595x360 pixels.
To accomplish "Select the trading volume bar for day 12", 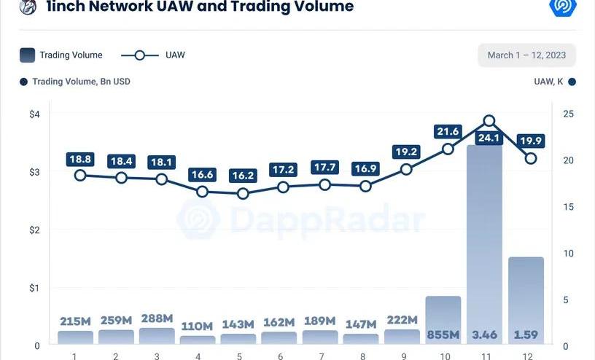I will coord(526,291).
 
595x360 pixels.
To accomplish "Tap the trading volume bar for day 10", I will coord(443,313).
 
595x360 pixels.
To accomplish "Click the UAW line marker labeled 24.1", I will coord(489,121).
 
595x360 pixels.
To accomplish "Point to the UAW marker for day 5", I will coord(244,194).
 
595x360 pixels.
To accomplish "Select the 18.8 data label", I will coord(80,159).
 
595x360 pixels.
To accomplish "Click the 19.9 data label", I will coord(531,141).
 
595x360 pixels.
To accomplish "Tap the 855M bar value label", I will coord(443,334).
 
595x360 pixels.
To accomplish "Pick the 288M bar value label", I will coord(157,318).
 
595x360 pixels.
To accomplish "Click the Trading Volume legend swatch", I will coord(27,55).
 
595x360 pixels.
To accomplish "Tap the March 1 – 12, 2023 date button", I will coord(526,55).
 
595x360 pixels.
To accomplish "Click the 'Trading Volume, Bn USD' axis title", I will coord(81,82).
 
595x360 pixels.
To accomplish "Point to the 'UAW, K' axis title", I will coord(548,82).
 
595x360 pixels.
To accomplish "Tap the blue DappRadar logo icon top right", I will coord(562,7).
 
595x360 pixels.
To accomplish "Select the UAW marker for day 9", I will coord(407,169).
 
